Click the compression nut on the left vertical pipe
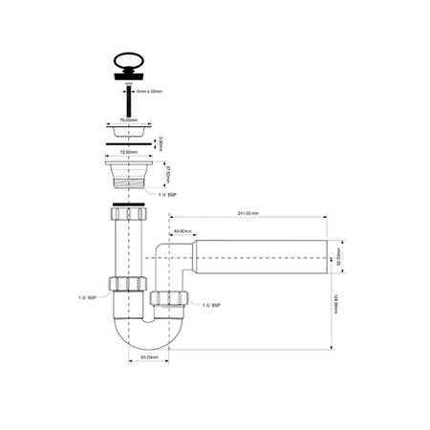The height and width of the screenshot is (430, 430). click(126, 284)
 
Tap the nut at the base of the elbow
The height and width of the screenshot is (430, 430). click(168, 304)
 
